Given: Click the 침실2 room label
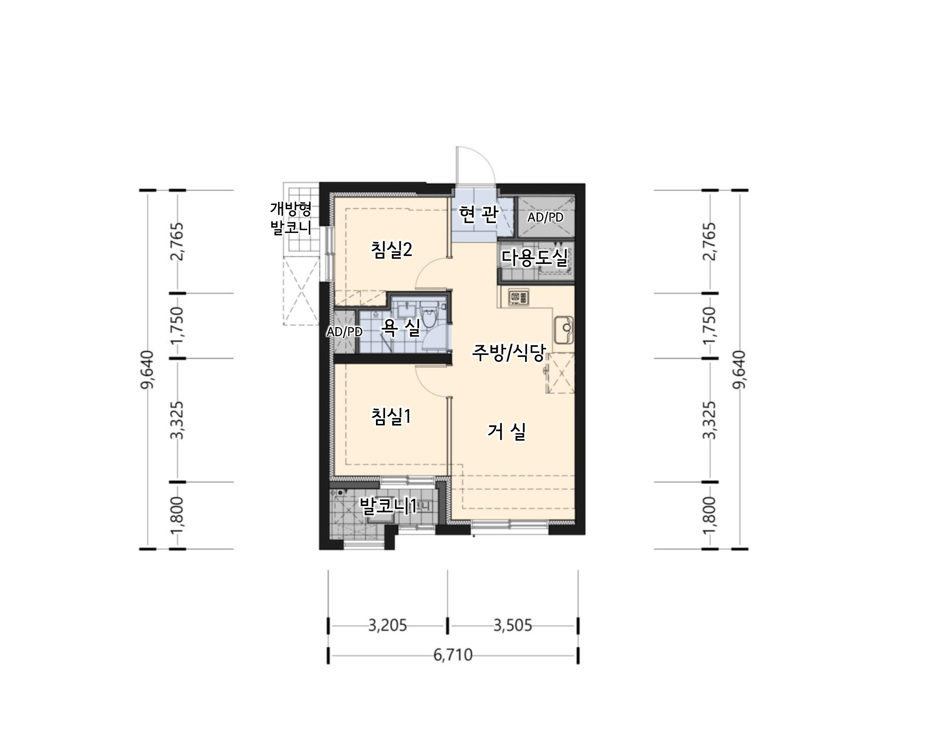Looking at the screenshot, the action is (392, 250).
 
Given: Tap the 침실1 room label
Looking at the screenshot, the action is (391, 416).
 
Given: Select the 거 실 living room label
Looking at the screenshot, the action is (506, 431).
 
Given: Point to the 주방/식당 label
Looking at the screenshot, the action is (509, 353).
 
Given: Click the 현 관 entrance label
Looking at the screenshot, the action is (478, 214).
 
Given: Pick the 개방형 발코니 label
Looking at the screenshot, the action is (291, 218).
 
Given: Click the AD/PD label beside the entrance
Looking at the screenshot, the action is (545, 217).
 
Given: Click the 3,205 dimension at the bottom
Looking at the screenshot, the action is (388, 626).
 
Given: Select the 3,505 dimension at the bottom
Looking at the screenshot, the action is (513, 626).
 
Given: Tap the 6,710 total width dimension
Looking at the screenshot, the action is (453, 655).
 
